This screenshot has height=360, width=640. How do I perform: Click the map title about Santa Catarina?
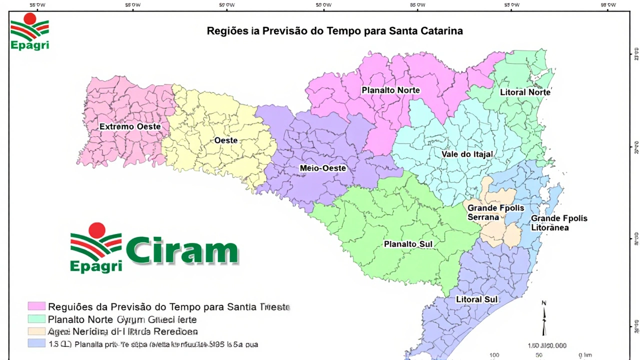tap(334, 31)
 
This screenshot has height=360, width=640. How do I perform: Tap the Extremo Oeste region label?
tap(130, 127)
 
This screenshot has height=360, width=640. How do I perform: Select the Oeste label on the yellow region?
tap(226, 140)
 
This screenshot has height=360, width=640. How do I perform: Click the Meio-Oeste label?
tap(322, 168)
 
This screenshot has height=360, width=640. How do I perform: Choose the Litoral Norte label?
tap(525, 92)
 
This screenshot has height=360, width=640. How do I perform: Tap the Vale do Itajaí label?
tap(467, 154)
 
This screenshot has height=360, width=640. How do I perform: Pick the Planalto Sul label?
tap(408, 244)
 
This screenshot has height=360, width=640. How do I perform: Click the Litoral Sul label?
tap(476, 299)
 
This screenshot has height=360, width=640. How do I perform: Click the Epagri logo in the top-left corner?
tap(29, 31)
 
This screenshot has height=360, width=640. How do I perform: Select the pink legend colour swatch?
tap(36, 306)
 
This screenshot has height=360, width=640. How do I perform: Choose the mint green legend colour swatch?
tap(36, 319)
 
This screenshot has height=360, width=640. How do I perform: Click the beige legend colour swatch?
tap(36, 331)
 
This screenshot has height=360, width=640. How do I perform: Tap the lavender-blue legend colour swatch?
tap(36, 344)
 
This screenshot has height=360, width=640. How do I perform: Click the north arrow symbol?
tap(544, 318)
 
